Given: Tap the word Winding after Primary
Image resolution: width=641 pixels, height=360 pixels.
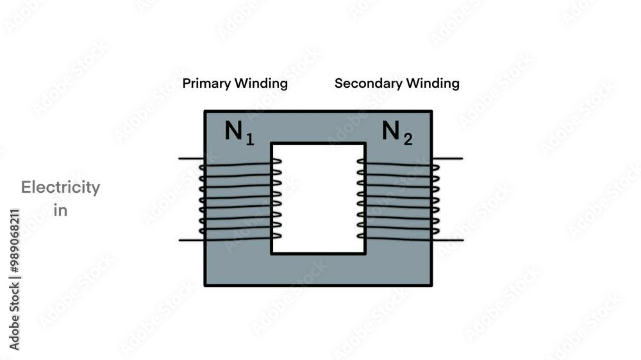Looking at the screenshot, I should (x=261, y=83).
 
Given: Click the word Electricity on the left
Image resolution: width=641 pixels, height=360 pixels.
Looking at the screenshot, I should (x=60, y=188).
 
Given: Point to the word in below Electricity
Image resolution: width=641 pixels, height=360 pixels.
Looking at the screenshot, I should (x=60, y=210).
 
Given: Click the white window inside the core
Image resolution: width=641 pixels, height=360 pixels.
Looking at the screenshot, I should (x=318, y=199).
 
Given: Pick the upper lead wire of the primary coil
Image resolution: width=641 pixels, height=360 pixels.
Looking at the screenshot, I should (x=190, y=158).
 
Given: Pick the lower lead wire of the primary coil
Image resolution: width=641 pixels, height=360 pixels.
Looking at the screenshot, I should (x=190, y=240).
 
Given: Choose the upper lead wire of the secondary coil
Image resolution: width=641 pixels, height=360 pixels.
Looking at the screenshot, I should (x=447, y=158).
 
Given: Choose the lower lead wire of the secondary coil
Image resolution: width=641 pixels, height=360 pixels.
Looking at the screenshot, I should (x=447, y=240).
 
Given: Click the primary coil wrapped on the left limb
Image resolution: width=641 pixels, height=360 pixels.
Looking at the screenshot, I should (x=239, y=200).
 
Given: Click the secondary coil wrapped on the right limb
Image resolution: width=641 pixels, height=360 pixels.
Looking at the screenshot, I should (x=398, y=200).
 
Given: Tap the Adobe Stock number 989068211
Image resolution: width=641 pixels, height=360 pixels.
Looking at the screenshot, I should (x=14, y=243).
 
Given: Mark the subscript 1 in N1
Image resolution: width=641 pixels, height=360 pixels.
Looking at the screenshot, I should (x=250, y=139).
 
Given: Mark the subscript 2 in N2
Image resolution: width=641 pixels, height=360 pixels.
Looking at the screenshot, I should (x=408, y=139).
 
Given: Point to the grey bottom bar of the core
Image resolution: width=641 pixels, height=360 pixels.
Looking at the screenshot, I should (x=318, y=270).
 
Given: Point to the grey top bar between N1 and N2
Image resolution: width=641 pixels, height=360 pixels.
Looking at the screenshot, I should (x=318, y=126).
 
